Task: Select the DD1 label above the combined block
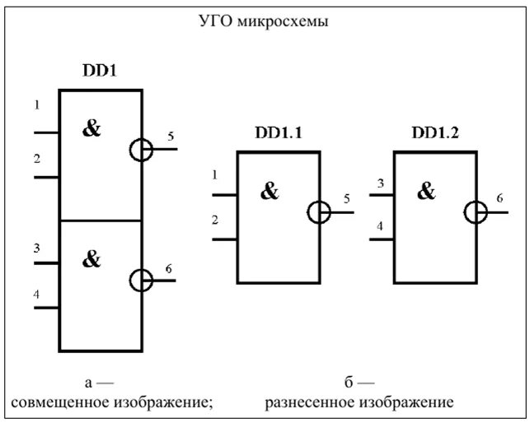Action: click(99, 72)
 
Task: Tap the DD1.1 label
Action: click(276, 132)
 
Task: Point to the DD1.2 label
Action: click(433, 132)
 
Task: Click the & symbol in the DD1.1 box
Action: click(270, 192)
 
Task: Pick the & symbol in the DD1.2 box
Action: click(426, 192)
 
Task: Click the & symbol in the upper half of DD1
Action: click(91, 128)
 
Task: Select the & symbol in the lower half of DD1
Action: click(91, 259)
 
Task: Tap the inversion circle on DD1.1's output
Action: click(319, 211)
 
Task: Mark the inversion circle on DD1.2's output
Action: click(476, 211)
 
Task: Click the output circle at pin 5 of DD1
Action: click(142, 149)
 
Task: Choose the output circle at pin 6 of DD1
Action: click(142, 280)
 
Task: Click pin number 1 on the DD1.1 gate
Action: click(216, 175)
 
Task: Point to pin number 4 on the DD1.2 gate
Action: click(380, 225)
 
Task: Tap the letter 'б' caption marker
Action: click(349, 382)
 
